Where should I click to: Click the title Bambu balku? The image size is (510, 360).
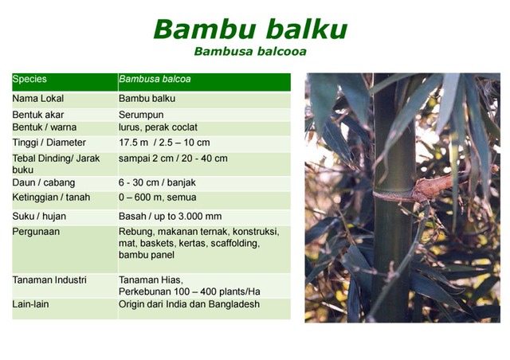pos(249,29)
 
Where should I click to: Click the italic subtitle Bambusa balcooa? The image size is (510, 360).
pos(250,52)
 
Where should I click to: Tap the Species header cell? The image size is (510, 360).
pos(30,80)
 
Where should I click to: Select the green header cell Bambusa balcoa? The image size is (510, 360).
pos(155,80)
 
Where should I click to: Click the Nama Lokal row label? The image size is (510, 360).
pos(38,99)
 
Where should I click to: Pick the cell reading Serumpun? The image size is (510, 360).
pos(142,115)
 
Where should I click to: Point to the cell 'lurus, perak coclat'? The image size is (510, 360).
pos(158,127)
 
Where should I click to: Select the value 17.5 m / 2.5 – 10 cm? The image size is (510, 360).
pos(164,143)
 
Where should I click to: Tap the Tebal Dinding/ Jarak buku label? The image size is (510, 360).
pos(56,164)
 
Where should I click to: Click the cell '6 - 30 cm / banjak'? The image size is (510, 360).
pos(157,182)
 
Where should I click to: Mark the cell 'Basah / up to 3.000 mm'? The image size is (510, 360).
pos(170,216)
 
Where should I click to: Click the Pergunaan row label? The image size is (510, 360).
pos(37,232)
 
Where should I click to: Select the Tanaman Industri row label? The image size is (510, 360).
pos(49,280)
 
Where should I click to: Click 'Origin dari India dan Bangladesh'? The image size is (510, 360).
pos(189,303)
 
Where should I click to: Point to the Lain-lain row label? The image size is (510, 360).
pos(32,303)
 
